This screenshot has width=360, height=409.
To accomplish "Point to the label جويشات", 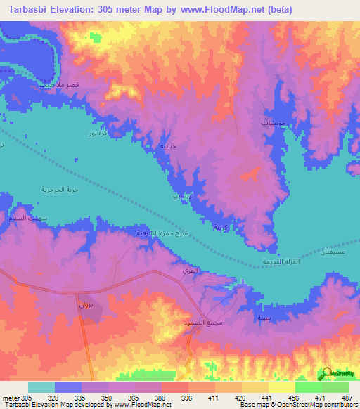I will click(255, 123).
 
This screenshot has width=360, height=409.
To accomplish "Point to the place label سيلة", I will click(264, 318).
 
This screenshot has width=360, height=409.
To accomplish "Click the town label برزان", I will click(84, 307).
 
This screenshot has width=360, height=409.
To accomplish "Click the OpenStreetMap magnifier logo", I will click(327, 373).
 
